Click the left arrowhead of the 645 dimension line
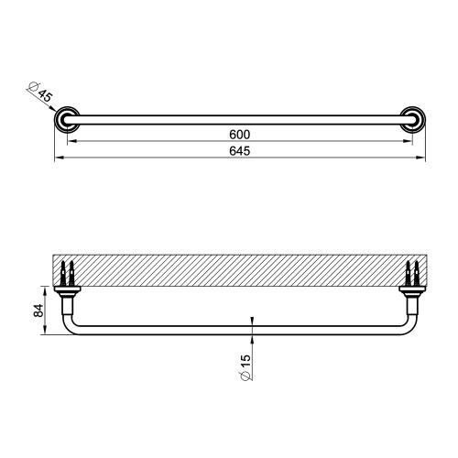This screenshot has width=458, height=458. [x=57, y=159]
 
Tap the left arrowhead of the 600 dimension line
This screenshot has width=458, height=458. [x=70, y=142]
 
